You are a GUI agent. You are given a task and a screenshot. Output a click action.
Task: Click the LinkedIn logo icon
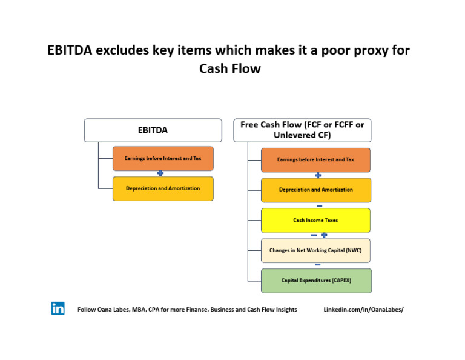click(58, 308)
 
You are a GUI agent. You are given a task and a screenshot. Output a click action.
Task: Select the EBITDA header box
click(153, 130)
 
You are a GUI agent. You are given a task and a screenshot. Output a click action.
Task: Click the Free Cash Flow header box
click(302, 130)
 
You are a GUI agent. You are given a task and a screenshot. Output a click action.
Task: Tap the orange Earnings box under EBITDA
click(163, 158)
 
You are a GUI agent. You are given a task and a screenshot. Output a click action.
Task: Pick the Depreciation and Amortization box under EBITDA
click(163, 188)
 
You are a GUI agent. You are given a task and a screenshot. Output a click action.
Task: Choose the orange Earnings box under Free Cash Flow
click(315, 160)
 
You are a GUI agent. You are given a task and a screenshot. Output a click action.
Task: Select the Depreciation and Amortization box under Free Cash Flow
click(315, 190)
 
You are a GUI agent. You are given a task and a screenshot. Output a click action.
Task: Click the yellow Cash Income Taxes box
click(315, 220)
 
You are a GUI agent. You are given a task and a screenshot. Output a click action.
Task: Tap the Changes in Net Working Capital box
click(315, 250)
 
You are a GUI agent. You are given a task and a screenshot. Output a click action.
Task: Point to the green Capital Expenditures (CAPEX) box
click(315, 281)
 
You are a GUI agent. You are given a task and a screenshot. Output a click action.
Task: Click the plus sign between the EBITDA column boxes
click(160, 173)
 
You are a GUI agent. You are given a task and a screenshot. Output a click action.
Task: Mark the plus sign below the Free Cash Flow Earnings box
click(318, 175)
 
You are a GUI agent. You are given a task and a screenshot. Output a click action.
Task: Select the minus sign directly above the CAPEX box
click(317, 265)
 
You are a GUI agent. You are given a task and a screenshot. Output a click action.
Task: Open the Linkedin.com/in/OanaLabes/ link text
click(363, 310)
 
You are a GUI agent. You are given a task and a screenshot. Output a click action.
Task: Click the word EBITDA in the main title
click(70, 50)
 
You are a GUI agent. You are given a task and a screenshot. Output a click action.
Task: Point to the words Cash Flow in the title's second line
click(230, 68)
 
